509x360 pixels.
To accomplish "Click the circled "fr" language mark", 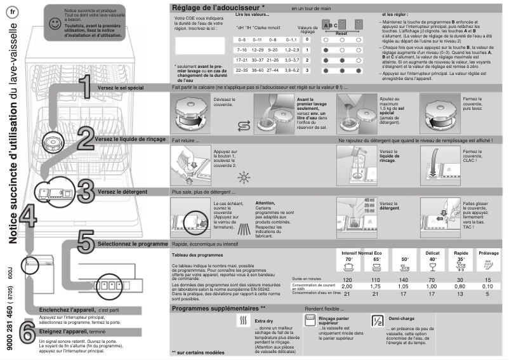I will [x=14, y=13].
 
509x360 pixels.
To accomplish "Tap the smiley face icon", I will [x=55, y=23].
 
